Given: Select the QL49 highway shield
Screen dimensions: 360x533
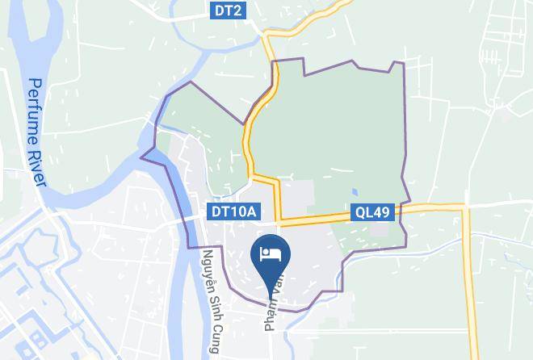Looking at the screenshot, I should (x=372, y=212).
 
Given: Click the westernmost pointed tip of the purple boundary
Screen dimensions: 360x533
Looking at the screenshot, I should (x=141, y=156).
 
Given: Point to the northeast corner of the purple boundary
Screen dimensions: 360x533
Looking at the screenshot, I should (x=401, y=64).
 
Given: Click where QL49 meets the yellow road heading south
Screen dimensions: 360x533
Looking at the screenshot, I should (x=466, y=208).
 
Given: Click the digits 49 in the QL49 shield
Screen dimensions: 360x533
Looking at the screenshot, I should (x=382, y=212).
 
